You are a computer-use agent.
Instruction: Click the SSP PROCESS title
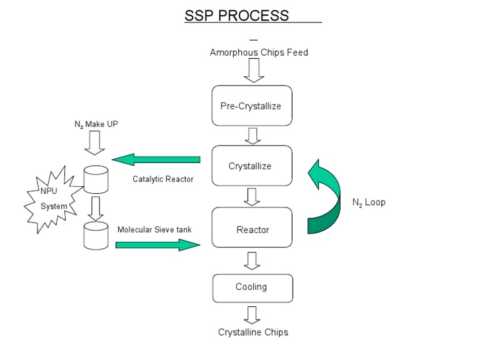tap(237, 16)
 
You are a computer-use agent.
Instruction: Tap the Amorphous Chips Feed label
tap(259, 52)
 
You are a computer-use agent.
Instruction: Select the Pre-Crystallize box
tap(251, 106)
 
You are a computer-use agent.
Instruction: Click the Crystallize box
tap(251, 166)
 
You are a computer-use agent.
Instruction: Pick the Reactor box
tap(252, 229)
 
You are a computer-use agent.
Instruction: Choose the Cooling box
tap(251, 287)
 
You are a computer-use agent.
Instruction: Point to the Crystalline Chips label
tap(253, 332)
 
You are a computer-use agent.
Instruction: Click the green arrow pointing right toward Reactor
tap(157, 244)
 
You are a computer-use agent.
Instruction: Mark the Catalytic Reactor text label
tap(163, 179)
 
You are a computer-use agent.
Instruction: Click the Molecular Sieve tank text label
tap(154, 229)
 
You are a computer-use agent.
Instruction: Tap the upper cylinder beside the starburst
tap(96, 180)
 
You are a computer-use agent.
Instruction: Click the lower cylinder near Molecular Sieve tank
tap(96, 236)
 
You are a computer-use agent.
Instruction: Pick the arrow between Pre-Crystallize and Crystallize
tap(252, 135)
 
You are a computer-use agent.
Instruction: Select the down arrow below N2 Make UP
tap(96, 145)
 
